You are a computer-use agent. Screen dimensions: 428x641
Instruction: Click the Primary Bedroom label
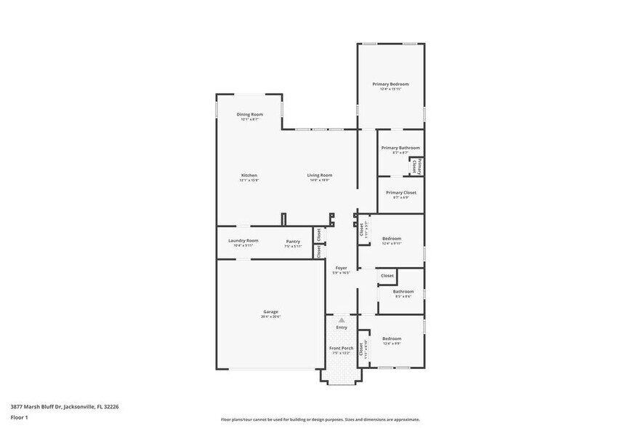[390, 84]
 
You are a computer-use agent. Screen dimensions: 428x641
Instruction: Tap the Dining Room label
[249, 114]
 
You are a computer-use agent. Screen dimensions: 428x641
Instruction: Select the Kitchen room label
[249, 175]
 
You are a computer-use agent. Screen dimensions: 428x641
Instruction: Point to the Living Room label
[319, 175]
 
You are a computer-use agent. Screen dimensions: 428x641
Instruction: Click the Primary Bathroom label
[400, 148]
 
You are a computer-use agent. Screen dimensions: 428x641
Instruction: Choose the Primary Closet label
[400, 193]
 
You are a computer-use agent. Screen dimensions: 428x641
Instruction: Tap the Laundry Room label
[243, 241]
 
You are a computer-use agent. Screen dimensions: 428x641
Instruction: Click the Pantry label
[293, 241]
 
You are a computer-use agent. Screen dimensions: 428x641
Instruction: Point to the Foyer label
[341, 268]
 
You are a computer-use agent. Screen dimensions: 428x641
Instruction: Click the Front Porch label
[341, 349]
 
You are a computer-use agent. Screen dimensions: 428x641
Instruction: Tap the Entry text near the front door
[341, 328]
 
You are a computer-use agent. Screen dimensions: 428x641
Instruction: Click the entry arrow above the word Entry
[341, 320]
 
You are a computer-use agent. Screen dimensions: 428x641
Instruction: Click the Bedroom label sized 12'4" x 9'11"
[392, 239]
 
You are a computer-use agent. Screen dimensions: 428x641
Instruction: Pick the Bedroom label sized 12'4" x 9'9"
[392, 338]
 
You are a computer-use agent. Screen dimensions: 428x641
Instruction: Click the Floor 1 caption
[20, 417]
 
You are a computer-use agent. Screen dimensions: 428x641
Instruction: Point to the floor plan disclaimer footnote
[320, 419]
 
